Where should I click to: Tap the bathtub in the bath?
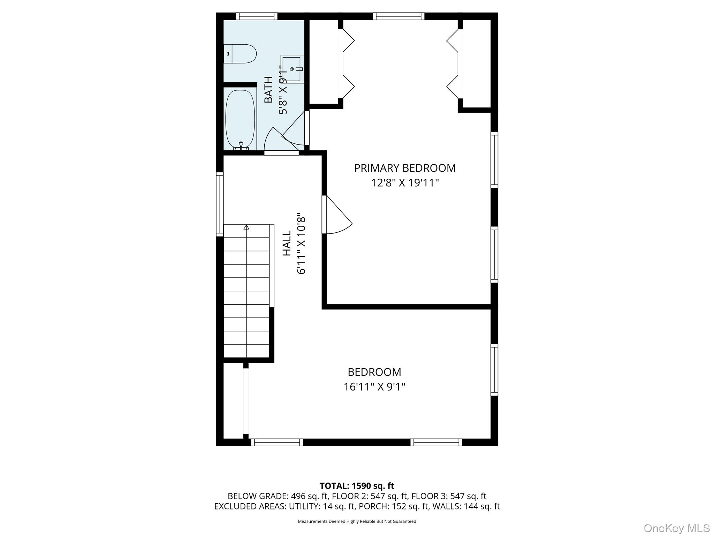[240, 120]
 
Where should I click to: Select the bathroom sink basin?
[291, 69]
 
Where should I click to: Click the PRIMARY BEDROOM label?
[405, 168]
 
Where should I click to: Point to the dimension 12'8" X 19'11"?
[405, 183]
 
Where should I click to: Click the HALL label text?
[287, 243]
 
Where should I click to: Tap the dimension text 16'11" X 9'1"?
[374, 387]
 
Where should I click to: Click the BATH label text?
[268, 90]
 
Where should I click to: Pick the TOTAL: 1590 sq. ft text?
[357, 486]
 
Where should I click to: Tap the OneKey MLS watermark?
[677, 528]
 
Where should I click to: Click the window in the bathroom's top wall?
[257, 16]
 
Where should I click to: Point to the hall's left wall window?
[220, 204]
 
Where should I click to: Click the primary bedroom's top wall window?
[398, 16]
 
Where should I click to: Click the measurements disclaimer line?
[357, 521]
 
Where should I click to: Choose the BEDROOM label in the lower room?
[374, 372]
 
